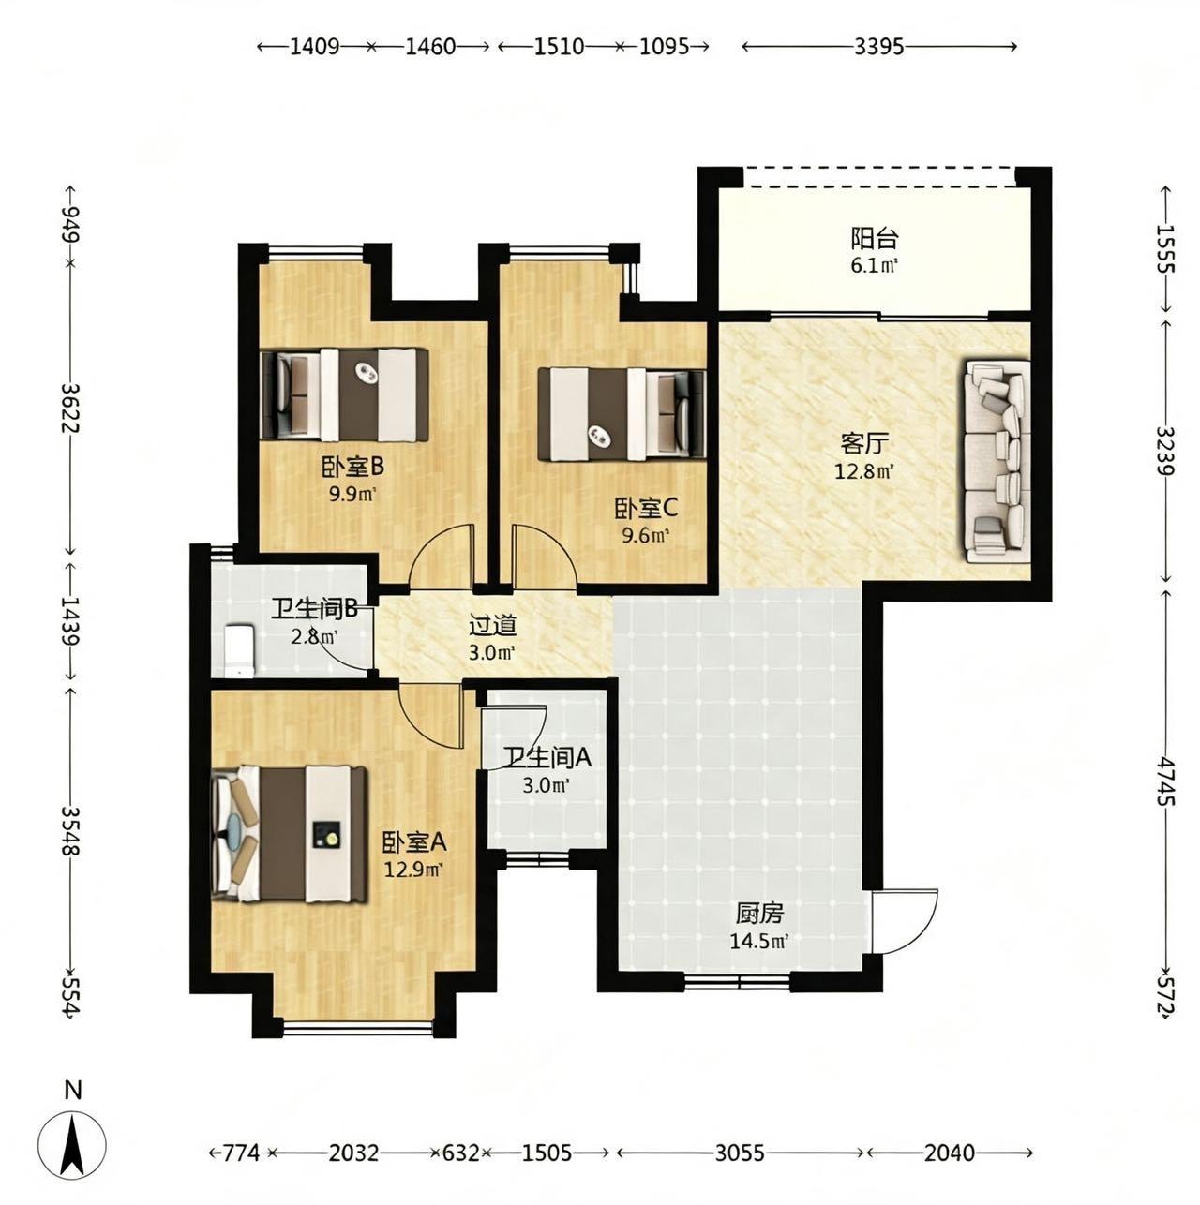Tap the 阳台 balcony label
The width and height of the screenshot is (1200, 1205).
tap(874, 238)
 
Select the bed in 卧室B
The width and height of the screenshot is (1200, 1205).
tap(345, 394)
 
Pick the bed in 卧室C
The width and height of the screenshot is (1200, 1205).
tap(622, 414)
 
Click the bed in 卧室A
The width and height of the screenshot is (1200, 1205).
tap(289, 834)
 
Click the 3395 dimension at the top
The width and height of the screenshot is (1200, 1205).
tap(878, 46)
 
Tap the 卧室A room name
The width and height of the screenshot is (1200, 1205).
tap(414, 843)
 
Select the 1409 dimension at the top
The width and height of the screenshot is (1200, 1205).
tap(315, 46)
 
